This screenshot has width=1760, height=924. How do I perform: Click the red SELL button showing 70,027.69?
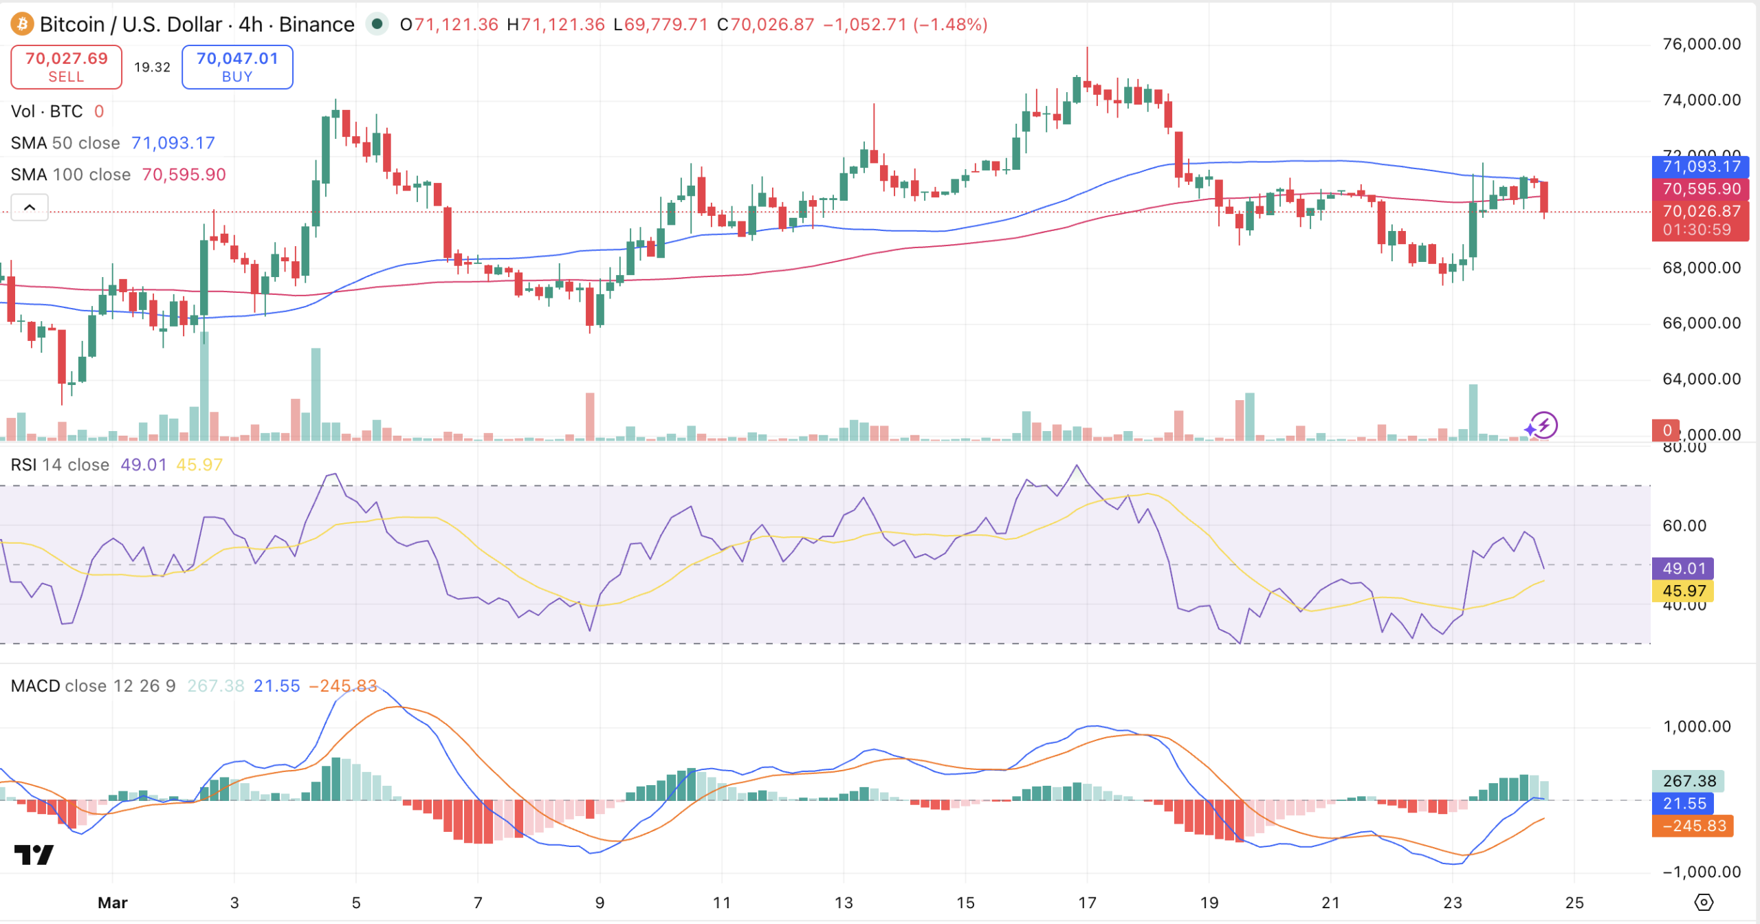tap(66, 67)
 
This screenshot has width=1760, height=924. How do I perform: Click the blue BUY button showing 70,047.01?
tap(237, 67)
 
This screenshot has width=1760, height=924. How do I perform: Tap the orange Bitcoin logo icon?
tap(22, 24)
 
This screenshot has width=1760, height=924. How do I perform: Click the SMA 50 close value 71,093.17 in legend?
tap(173, 143)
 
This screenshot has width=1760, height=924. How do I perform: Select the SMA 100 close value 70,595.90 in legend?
tap(184, 175)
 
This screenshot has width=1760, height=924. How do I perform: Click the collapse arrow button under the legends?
tap(30, 207)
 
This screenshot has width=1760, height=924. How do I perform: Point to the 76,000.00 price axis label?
tap(1701, 44)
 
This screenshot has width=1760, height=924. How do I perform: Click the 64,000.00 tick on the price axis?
tap(1701, 379)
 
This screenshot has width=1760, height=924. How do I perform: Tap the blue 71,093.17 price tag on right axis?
tap(1700, 166)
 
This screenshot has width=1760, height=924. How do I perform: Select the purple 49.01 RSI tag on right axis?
tap(1683, 569)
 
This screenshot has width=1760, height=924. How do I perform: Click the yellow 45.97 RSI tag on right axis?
tap(1683, 591)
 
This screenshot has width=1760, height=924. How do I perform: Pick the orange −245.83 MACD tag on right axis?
tap(1693, 826)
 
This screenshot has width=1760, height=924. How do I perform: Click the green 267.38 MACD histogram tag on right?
tap(1688, 781)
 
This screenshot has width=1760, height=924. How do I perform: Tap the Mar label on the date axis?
tap(112, 903)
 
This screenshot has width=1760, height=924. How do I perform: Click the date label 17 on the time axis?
tap(1087, 903)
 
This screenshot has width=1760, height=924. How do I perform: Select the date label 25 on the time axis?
tap(1574, 903)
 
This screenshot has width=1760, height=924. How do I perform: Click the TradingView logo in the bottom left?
tap(34, 855)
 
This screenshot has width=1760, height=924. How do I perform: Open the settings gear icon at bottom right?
tap(1704, 902)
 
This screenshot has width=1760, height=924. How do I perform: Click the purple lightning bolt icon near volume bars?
tap(1543, 426)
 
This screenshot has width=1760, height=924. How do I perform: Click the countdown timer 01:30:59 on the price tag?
tap(1696, 230)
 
